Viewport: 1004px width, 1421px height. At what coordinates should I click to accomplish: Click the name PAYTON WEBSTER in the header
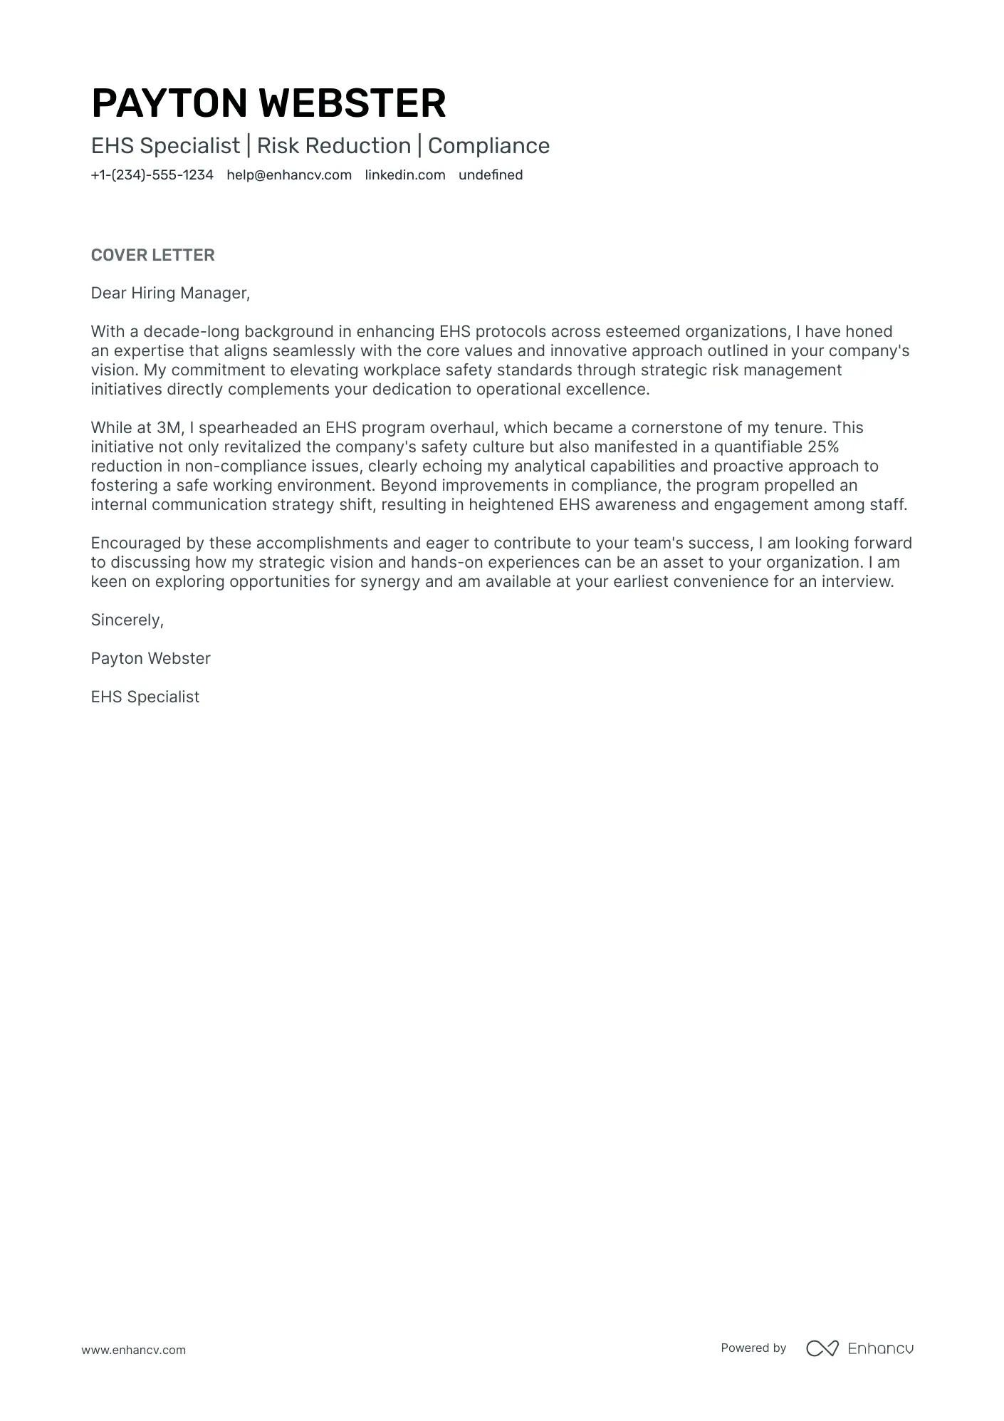pyautogui.click(x=268, y=103)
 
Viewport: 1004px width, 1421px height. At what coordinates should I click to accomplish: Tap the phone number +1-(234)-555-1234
pyautogui.click(x=152, y=175)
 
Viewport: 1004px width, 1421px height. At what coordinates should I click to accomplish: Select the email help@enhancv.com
pyautogui.click(x=289, y=175)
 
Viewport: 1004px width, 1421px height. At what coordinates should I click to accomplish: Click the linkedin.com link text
pyautogui.click(x=404, y=175)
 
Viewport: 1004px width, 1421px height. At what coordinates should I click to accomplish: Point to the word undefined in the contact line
pyautogui.click(x=490, y=175)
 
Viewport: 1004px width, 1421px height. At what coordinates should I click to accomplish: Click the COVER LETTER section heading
pyautogui.click(x=152, y=255)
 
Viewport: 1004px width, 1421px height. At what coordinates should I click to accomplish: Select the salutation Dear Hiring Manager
pyautogui.click(x=170, y=293)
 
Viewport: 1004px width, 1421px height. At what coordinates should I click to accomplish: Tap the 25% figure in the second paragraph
pyautogui.click(x=823, y=447)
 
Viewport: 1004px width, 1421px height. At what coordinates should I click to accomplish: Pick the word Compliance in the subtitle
pyautogui.click(x=488, y=146)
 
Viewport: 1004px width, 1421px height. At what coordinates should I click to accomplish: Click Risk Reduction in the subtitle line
pyautogui.click(x=333, y=146)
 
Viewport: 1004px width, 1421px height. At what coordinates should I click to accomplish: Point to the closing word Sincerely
pyautogui.click(x=127, y=620)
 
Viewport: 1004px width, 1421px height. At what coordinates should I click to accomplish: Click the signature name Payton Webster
pyautogui.click(x=150, y=659)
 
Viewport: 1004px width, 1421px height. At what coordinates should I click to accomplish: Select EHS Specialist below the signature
pyautogui.click(x=145, y=697)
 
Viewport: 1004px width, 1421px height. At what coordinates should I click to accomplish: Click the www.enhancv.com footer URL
pyautogui.click(x=133, y=1350)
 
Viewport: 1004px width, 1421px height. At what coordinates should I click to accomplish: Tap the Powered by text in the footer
pyautogui.click(x=753, y=1348)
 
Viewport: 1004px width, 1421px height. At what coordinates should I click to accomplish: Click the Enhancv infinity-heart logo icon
pyautogui.click(x=822, y=1348)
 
